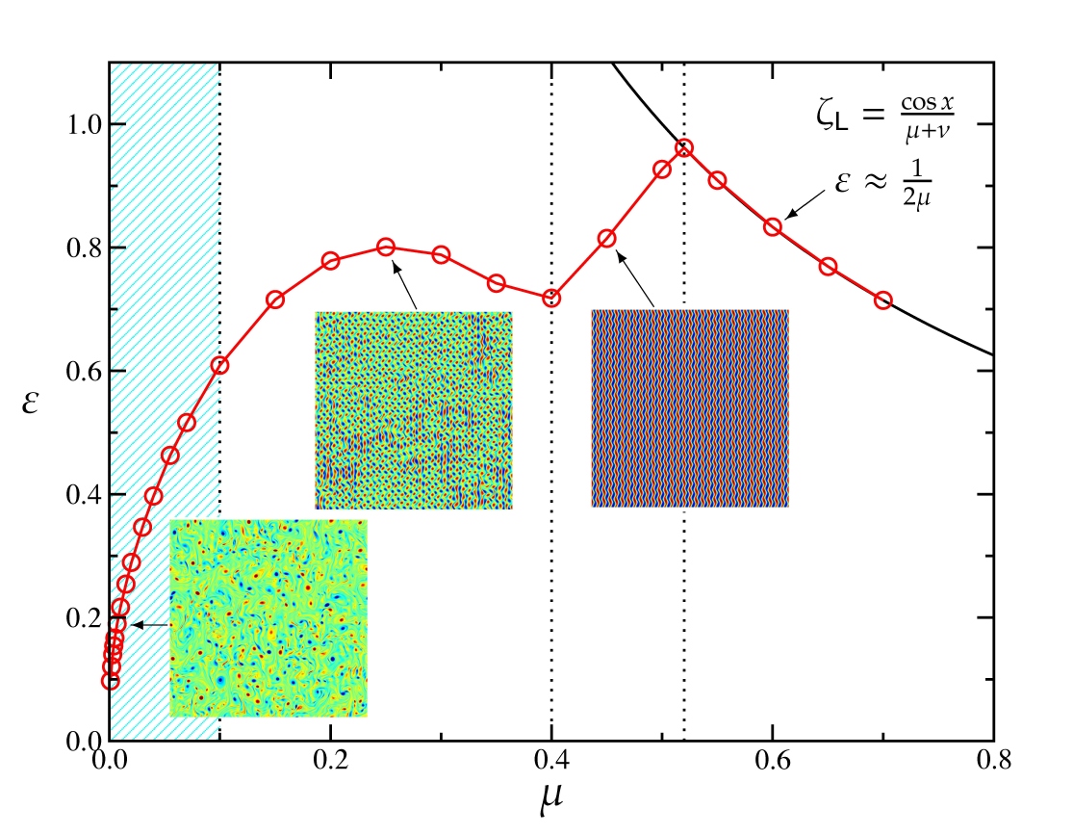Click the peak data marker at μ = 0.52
684,148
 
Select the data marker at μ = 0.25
386,248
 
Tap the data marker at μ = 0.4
551,299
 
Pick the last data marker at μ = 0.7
883,300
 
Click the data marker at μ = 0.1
220,365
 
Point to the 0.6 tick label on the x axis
772,761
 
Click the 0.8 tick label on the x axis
992,761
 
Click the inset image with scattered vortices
268,618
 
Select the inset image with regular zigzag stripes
690,408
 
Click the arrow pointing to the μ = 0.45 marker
636,280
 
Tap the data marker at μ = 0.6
772,227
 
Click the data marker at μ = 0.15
275,300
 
